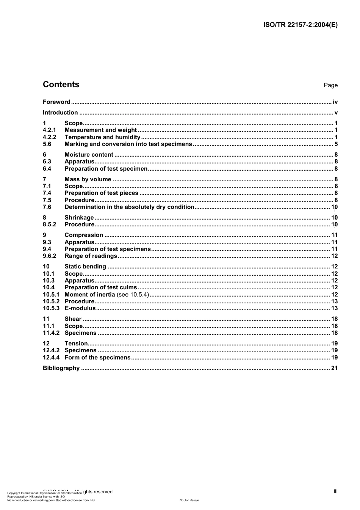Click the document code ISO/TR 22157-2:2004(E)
[300, 25]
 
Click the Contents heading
[61, 85]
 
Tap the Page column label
[330, 85]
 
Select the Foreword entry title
[56, 102]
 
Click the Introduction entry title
[60, 113]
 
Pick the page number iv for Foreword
[335, 102]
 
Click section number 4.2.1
[49, 130]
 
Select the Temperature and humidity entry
[102, 137]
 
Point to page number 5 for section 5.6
[336, 144]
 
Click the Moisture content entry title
[89, 155]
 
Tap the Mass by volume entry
[88, 179]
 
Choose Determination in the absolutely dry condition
[129, 207]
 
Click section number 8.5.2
[49, 224]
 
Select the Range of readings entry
[91, 256]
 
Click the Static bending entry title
[85, 267]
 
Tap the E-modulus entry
[80, 308]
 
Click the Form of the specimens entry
[97, 358]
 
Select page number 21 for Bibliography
[334, 368]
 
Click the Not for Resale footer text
[189, 500]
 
